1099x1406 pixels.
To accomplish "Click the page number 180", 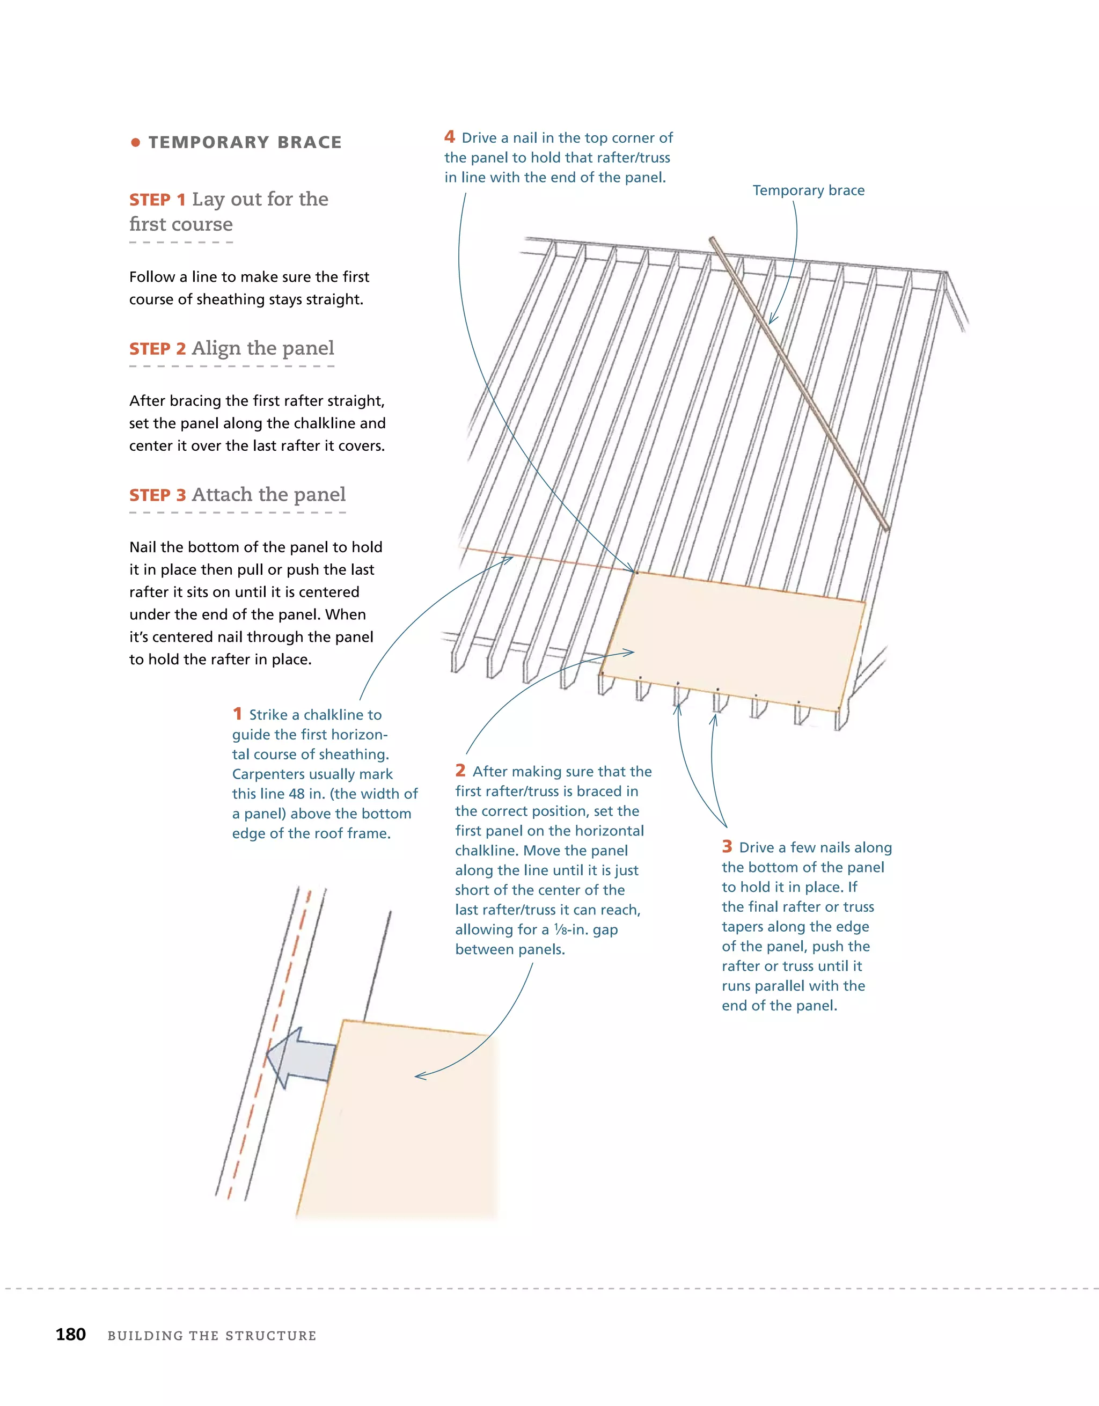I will [x=71, y=1334].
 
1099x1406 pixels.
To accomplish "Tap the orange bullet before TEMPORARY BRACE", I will [x=135, y=142].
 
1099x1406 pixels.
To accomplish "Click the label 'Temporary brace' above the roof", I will [x=808, y=191].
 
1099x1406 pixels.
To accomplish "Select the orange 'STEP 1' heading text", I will [x=157, y=200].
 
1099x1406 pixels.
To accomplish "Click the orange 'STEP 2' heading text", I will [x=157, y=349].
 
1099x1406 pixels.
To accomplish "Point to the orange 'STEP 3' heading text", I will [x=157, y=495].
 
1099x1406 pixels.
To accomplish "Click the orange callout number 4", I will [x=449, y=137].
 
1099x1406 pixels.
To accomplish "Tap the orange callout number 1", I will [x=237, y=714].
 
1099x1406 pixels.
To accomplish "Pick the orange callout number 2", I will [x=460, y=771].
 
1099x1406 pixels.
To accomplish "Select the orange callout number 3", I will [x=727, y=847].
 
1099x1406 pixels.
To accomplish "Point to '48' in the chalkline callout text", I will [x=297, y=794].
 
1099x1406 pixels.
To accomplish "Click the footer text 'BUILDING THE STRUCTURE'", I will [x=212, y=1335].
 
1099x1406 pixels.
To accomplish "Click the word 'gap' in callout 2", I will [x=605, y=929].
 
